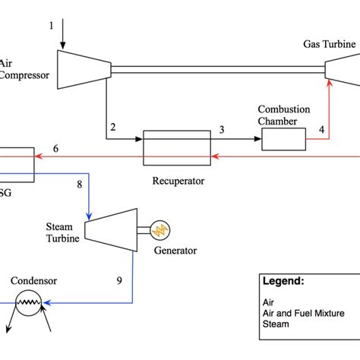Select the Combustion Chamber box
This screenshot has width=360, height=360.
click(x=283, y=138)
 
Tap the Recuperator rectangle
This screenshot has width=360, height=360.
click(x=176, y=147)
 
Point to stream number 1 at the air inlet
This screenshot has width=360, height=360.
click(x=52, y=27)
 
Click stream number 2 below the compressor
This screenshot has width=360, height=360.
click(x=113, y=128)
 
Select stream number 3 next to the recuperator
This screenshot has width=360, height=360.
click(x=222, y=130)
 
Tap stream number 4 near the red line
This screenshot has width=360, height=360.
click(x=321, y=130)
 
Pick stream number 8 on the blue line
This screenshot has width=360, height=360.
click(x=79, y=184)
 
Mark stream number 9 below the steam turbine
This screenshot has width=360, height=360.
click(x=119, y=280)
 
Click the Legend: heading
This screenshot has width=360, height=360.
click(x=283, y=280)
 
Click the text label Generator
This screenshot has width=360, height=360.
click(x=175, y=250)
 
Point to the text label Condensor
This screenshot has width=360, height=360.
click(x=33, y=280)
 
